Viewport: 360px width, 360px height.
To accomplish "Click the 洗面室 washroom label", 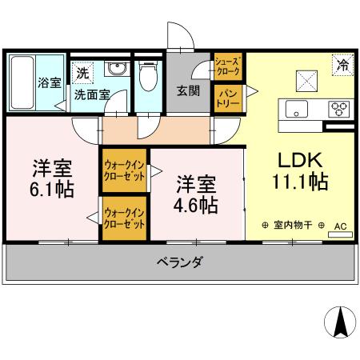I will pyautogui.click(x=91, y=94).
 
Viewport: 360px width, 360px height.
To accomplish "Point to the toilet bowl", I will pyautogui.click(x=147, y=78).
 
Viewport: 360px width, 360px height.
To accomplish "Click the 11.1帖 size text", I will pyautogui.click(x=300, y=181).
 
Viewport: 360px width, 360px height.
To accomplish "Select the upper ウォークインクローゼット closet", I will pyautogui.click(x=124, y=170).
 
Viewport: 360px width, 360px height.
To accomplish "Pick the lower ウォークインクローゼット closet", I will pyautogui.click(x=124, y=217).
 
